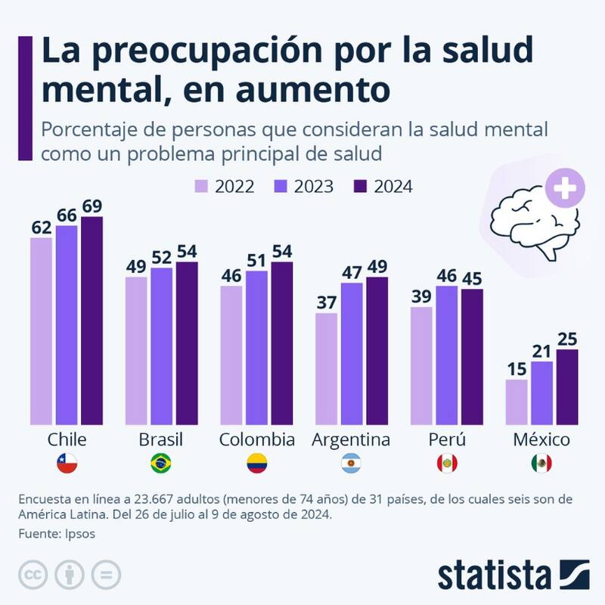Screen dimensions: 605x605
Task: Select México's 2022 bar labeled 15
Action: [x=516, y=402]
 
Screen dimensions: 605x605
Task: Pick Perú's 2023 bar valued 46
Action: [x=446, y=355]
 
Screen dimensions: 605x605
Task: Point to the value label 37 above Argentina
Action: [x=326, y=302]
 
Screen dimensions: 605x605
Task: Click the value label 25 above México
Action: [x=566, y=339]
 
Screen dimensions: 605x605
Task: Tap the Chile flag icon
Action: [x=67, y=463]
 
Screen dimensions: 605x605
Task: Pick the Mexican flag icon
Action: [x=541, y=463]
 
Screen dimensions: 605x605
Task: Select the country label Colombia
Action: [x=256, y=440]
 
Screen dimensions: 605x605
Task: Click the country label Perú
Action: [x=446, y=440]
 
